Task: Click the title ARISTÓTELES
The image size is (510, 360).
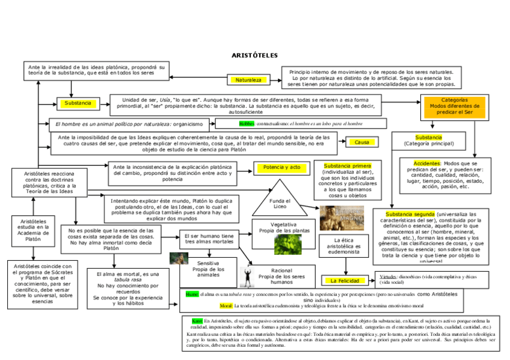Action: click(254, 55)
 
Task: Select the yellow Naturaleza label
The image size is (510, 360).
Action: click(248, 79)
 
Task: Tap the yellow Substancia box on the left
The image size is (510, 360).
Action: click(77, 103)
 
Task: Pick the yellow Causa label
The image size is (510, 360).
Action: click(361, 142)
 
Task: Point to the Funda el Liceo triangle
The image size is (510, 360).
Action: click(280, 203)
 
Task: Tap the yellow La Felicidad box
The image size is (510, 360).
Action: click(345, 281)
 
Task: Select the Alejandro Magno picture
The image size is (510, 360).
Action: click(341, 218)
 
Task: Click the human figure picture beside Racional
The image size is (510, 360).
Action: click(247, 276)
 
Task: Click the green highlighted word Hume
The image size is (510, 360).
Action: click(192, 294)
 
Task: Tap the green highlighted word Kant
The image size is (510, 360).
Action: click(197, 320)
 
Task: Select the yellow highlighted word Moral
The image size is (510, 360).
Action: click(226, 306)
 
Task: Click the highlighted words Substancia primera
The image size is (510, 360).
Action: click(348, 165)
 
